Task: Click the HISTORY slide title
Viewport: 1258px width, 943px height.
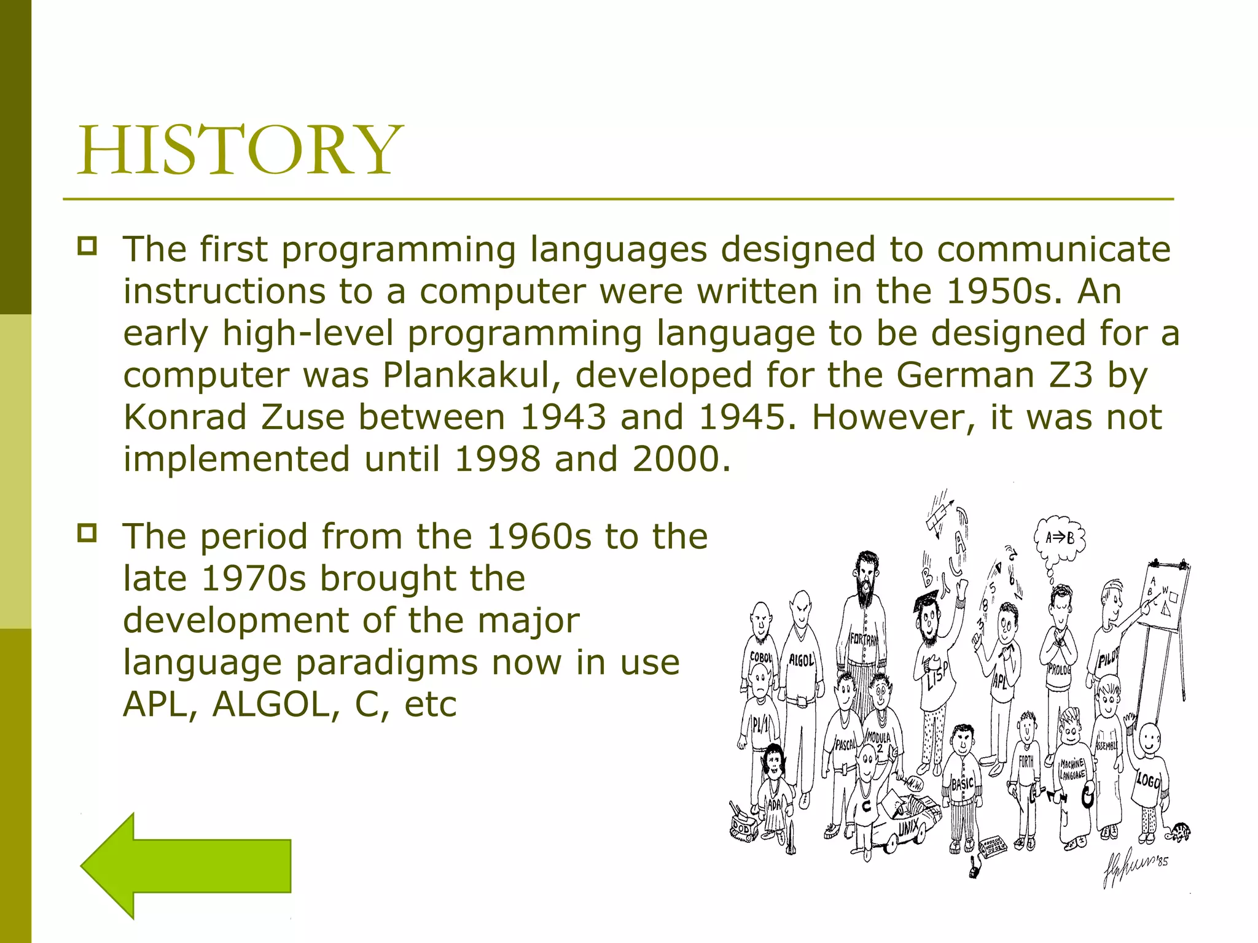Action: pos(240,150)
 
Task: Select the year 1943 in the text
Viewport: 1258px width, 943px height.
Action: pos(563,417)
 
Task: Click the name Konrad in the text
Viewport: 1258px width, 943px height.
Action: pos(185,417)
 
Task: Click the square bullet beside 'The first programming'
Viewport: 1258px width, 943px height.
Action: pos(87,247)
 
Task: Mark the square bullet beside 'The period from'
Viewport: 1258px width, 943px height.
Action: pos(87,534)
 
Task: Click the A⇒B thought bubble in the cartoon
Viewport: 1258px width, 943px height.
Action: pos(1060,538)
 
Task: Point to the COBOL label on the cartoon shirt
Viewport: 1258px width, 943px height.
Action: pos(761,657)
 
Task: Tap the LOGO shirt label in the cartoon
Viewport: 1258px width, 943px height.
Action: pos(1147,781)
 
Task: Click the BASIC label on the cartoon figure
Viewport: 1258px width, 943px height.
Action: pos(963,784)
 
